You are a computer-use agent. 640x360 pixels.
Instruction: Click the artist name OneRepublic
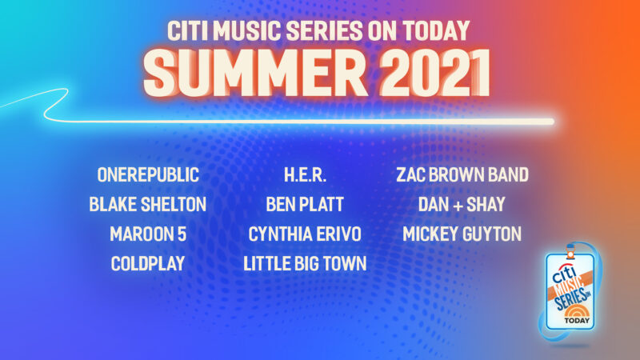(148, 175)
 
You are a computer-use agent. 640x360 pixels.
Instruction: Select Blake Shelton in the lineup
(148, 204)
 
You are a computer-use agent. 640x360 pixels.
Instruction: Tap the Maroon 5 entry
(148, 234)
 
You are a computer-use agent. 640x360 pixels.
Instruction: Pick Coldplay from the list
(148, 263)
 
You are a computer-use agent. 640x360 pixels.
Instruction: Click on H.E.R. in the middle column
(304, 175)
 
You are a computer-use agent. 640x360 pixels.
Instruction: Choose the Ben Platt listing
(304, 204)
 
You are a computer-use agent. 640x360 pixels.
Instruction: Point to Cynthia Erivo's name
(304, 234)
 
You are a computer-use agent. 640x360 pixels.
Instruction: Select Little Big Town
(304, 263)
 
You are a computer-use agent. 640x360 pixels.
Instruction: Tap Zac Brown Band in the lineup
(462, 175)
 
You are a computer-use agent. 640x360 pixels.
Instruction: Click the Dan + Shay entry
(462, 204)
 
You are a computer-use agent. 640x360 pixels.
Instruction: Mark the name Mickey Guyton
(462, 234)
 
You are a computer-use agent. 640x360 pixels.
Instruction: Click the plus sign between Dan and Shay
(462, 205)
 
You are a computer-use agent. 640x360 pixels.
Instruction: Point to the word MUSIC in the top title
(249, 30)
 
